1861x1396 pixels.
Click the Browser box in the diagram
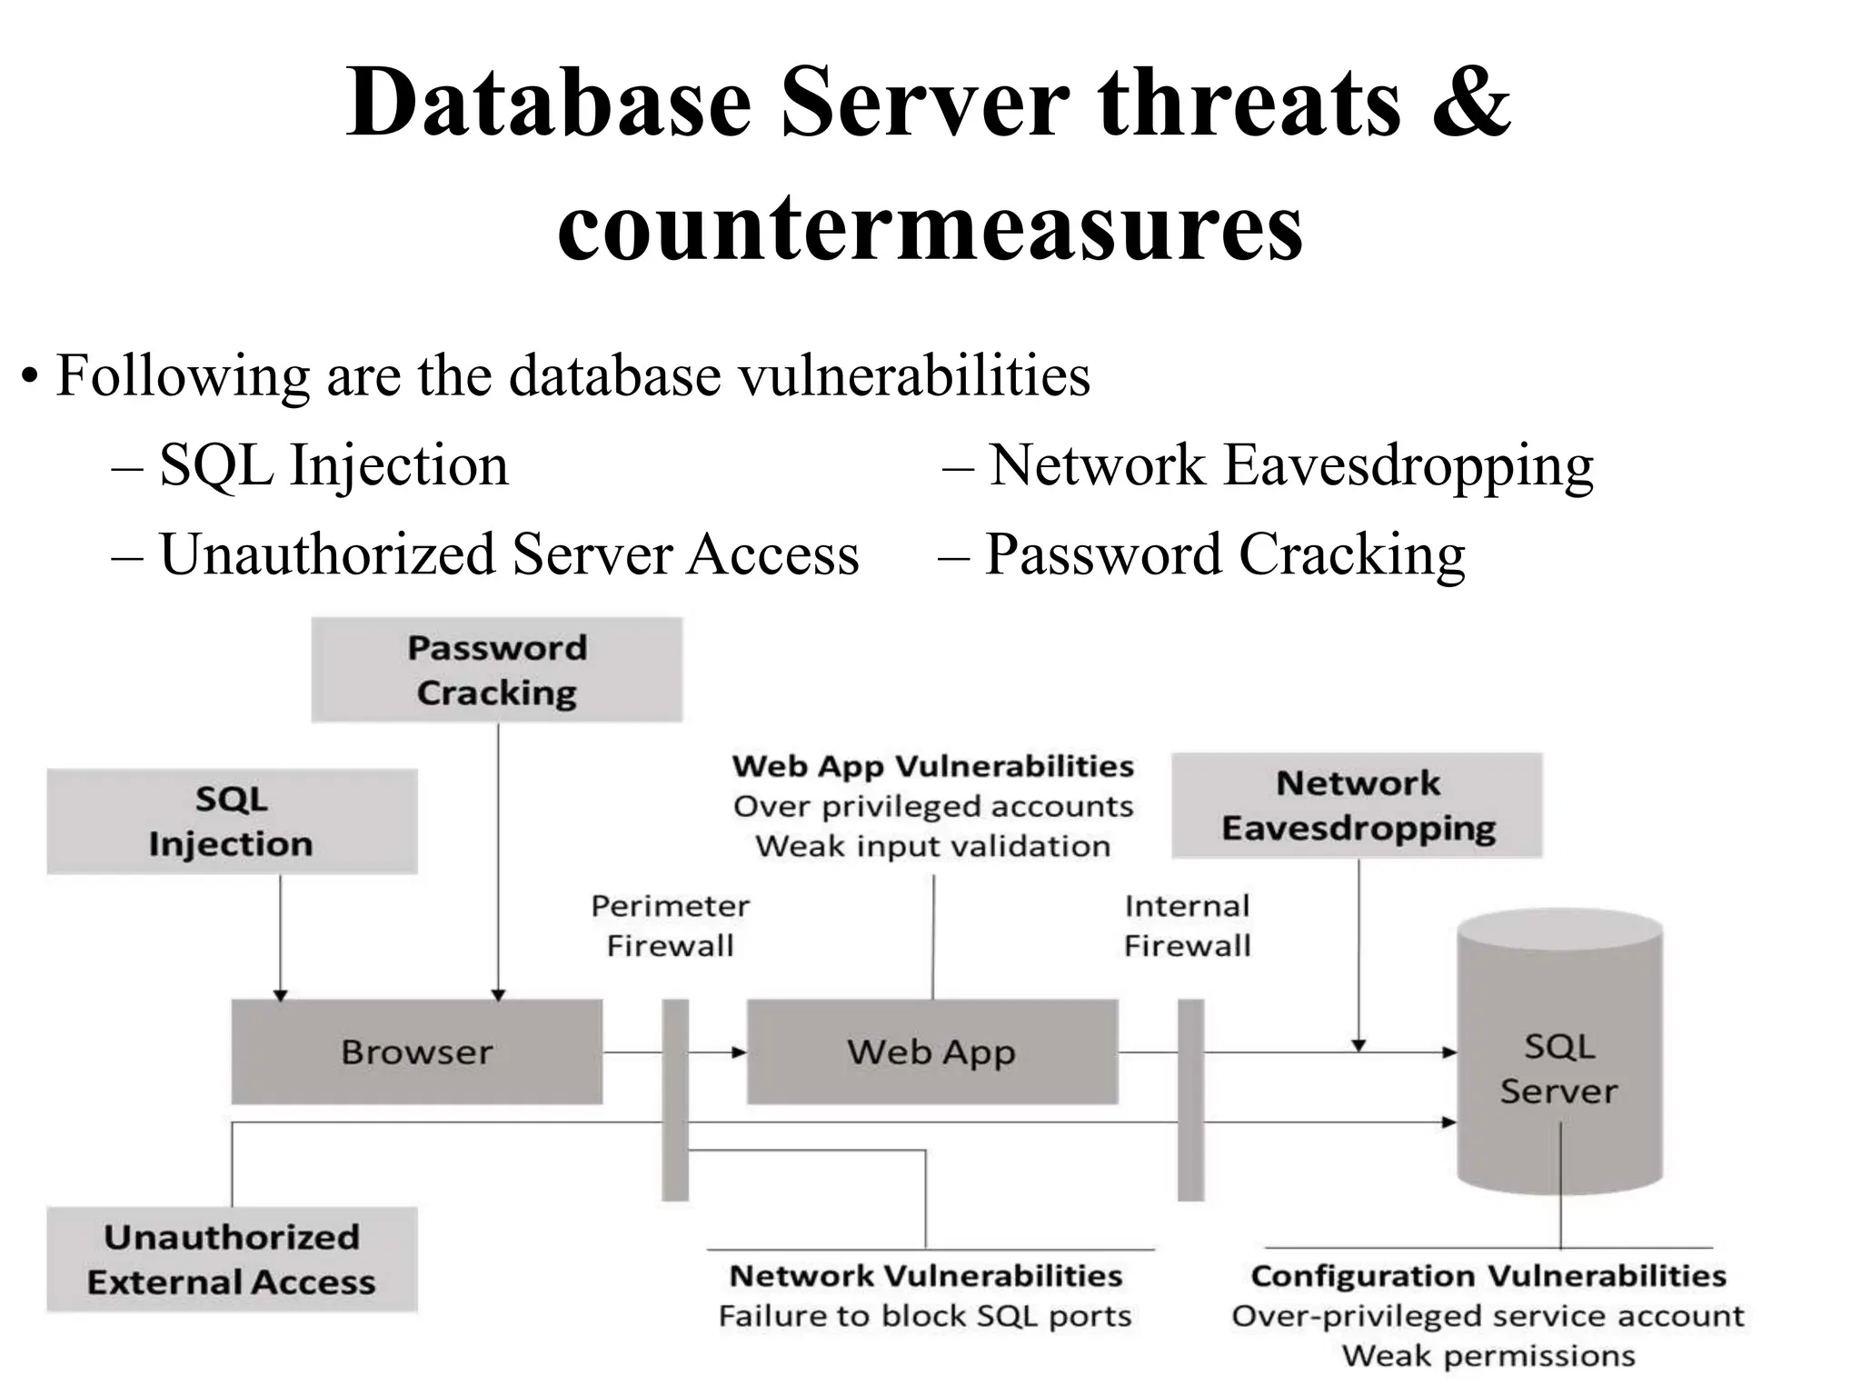(416, 1052)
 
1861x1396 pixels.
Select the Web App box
(931, 1052)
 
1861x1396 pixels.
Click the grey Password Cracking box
(496, 670)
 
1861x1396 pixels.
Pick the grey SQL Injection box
(232, 822)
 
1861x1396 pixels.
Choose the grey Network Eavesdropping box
(1357, 805)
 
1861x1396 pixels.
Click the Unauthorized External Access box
(232, 1259)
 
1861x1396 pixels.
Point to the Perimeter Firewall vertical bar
(675, 1100)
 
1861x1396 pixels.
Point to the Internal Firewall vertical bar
(1190, 1100)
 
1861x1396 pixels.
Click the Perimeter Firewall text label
(671, 925)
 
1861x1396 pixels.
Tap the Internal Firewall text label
(1187, 925)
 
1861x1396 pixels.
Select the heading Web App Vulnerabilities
(933, 766)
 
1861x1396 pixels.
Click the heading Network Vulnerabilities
(926, 1276)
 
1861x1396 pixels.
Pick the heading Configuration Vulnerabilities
(1488, 1276)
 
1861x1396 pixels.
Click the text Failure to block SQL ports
(925, 1316)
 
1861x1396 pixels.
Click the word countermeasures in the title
(930, 227)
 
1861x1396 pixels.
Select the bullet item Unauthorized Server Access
(509, 554)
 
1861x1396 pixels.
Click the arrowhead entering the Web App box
(739, 1052)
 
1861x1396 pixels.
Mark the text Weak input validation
(933, 846)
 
